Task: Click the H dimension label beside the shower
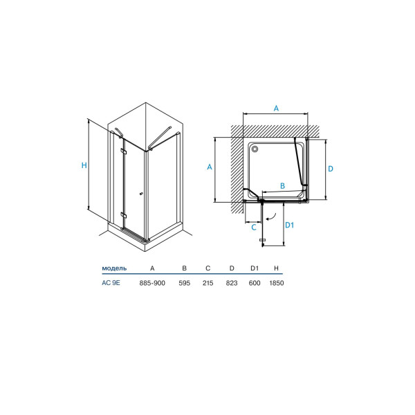[x=84, y=165]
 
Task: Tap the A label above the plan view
[x=276, y=109]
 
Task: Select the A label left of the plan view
[x=210, y=167]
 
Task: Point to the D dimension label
[x=331, y=169]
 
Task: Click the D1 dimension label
[x=290, y=225]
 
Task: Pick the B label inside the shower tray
[x=282, y=186]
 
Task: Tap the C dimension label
[x=254, y=228]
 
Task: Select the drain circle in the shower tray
[x=255, y=149]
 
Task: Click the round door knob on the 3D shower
[x=141, y=194]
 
